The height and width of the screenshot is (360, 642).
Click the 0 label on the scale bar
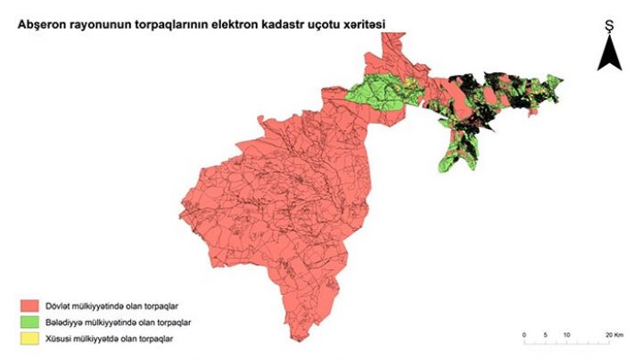click(x=523, y=334)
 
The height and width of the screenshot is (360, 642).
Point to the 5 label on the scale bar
click(x=546, y=334)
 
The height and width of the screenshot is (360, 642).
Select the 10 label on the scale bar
click(x=567, y=334)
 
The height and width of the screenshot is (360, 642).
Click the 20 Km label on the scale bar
click(x=613, y=334)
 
